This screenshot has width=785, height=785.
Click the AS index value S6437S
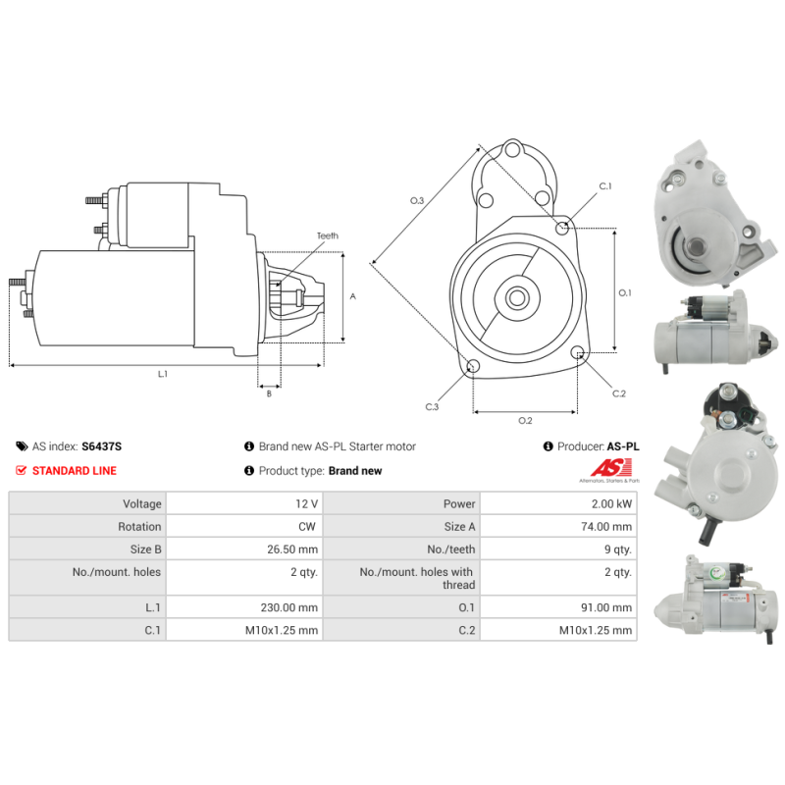tap(102, 446)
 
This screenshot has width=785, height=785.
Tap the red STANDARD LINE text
tap(75, 471)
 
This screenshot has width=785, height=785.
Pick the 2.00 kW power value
tap(611, 503)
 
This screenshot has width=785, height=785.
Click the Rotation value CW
tap(307, 527)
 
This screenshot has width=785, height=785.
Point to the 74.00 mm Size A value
tap(606, 527)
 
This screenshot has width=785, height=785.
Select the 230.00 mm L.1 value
tap(288, 607)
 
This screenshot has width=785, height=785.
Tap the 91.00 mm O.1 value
tap(606, 607)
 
